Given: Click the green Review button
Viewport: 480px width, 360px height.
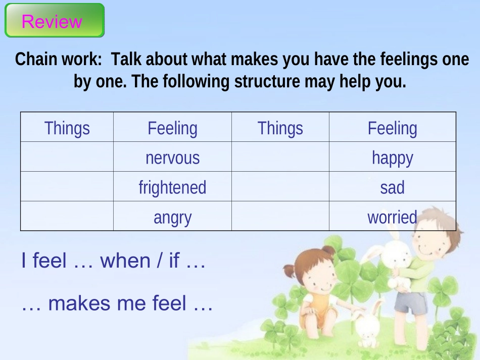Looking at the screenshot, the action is click(x=55, y=21).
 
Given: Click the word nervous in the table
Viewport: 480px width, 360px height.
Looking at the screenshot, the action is click(x=172, y=158).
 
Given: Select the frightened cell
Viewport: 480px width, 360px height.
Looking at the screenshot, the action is click(x=172, y=186).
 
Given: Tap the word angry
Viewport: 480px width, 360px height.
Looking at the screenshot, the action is click(x=172, y=218).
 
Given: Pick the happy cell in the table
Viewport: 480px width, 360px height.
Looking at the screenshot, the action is click(x=393, y=157).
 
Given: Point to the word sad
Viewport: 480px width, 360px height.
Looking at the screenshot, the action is click(x=392, y=187).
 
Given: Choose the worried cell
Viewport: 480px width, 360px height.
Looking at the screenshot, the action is click(x=393, y=216).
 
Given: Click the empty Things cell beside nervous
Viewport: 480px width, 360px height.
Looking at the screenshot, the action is click(x=67, y=157).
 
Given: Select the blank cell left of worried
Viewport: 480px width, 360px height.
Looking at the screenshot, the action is click(x=280, y=216).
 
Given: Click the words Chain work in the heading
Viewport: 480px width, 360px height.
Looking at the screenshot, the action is click(x=58, y=59).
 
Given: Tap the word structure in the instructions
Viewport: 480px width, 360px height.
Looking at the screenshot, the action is click(x=267, y=81).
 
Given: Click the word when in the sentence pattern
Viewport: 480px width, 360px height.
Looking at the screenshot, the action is click(x=125, y=261).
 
